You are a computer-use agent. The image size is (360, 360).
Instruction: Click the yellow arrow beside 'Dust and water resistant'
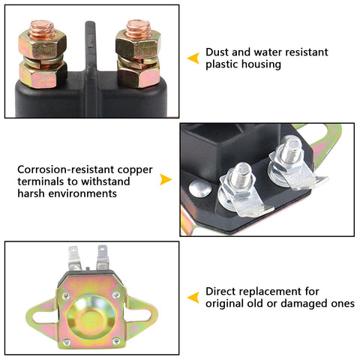[x=193, y=58]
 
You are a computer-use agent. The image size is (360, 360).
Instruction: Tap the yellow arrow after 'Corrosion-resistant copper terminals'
[x=166, y=179]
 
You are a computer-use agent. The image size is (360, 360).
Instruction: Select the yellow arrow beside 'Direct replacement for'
[x=193, y=298]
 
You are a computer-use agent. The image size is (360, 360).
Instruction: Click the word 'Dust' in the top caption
[x=217, y=52]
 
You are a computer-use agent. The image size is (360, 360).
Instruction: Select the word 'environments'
[x=82, y=193]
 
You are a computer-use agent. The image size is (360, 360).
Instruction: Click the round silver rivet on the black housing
[x=200, y=188]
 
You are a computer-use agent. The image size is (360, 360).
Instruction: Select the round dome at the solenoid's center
[x=91, y=317]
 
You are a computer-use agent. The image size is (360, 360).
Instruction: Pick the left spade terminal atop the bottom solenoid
[x=74, y=258]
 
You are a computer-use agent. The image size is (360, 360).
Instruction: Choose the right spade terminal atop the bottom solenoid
[x=103, y=257]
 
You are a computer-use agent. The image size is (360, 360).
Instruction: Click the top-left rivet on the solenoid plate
[x=66, y=296]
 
